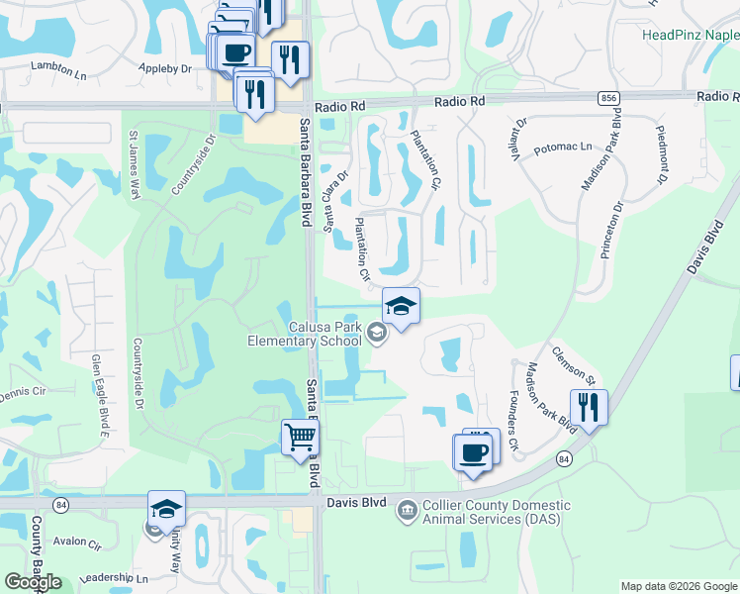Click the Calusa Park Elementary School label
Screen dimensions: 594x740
(305, 334)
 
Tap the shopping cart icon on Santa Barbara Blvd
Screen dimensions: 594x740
(300, 438)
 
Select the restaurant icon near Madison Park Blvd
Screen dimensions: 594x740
(589, 408)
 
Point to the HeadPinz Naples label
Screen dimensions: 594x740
(691, 35)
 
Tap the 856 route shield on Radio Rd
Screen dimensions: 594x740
(608, 97)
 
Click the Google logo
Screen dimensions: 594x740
(33, 582)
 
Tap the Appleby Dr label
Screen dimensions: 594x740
(166, 69)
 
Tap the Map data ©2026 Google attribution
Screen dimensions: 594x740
(680, 586)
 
